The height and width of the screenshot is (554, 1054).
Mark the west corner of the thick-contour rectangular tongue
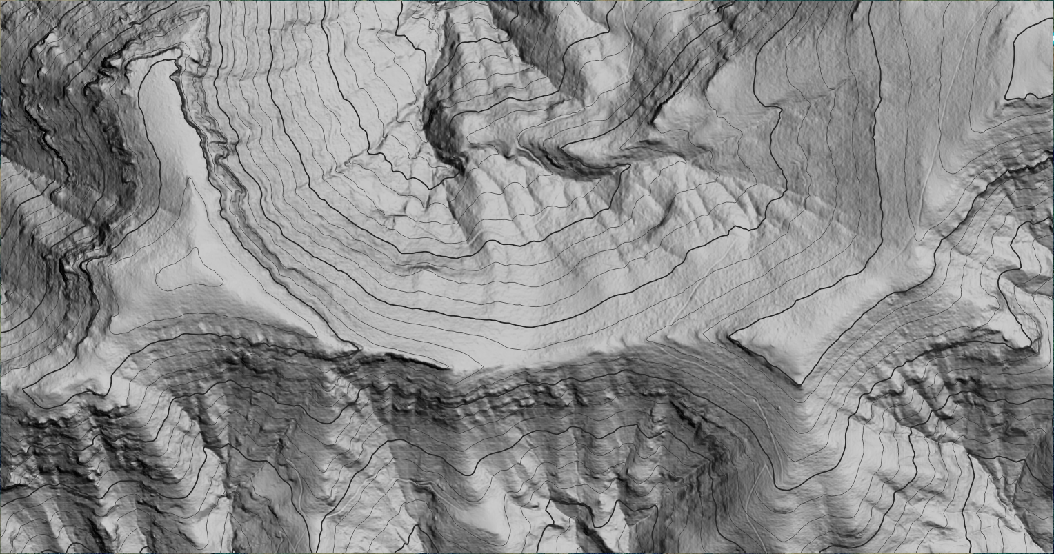click(x=730, y=337)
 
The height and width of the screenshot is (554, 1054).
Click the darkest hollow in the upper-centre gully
click(x=438, y=131)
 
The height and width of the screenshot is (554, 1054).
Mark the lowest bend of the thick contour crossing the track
click(x=786, y=488)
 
